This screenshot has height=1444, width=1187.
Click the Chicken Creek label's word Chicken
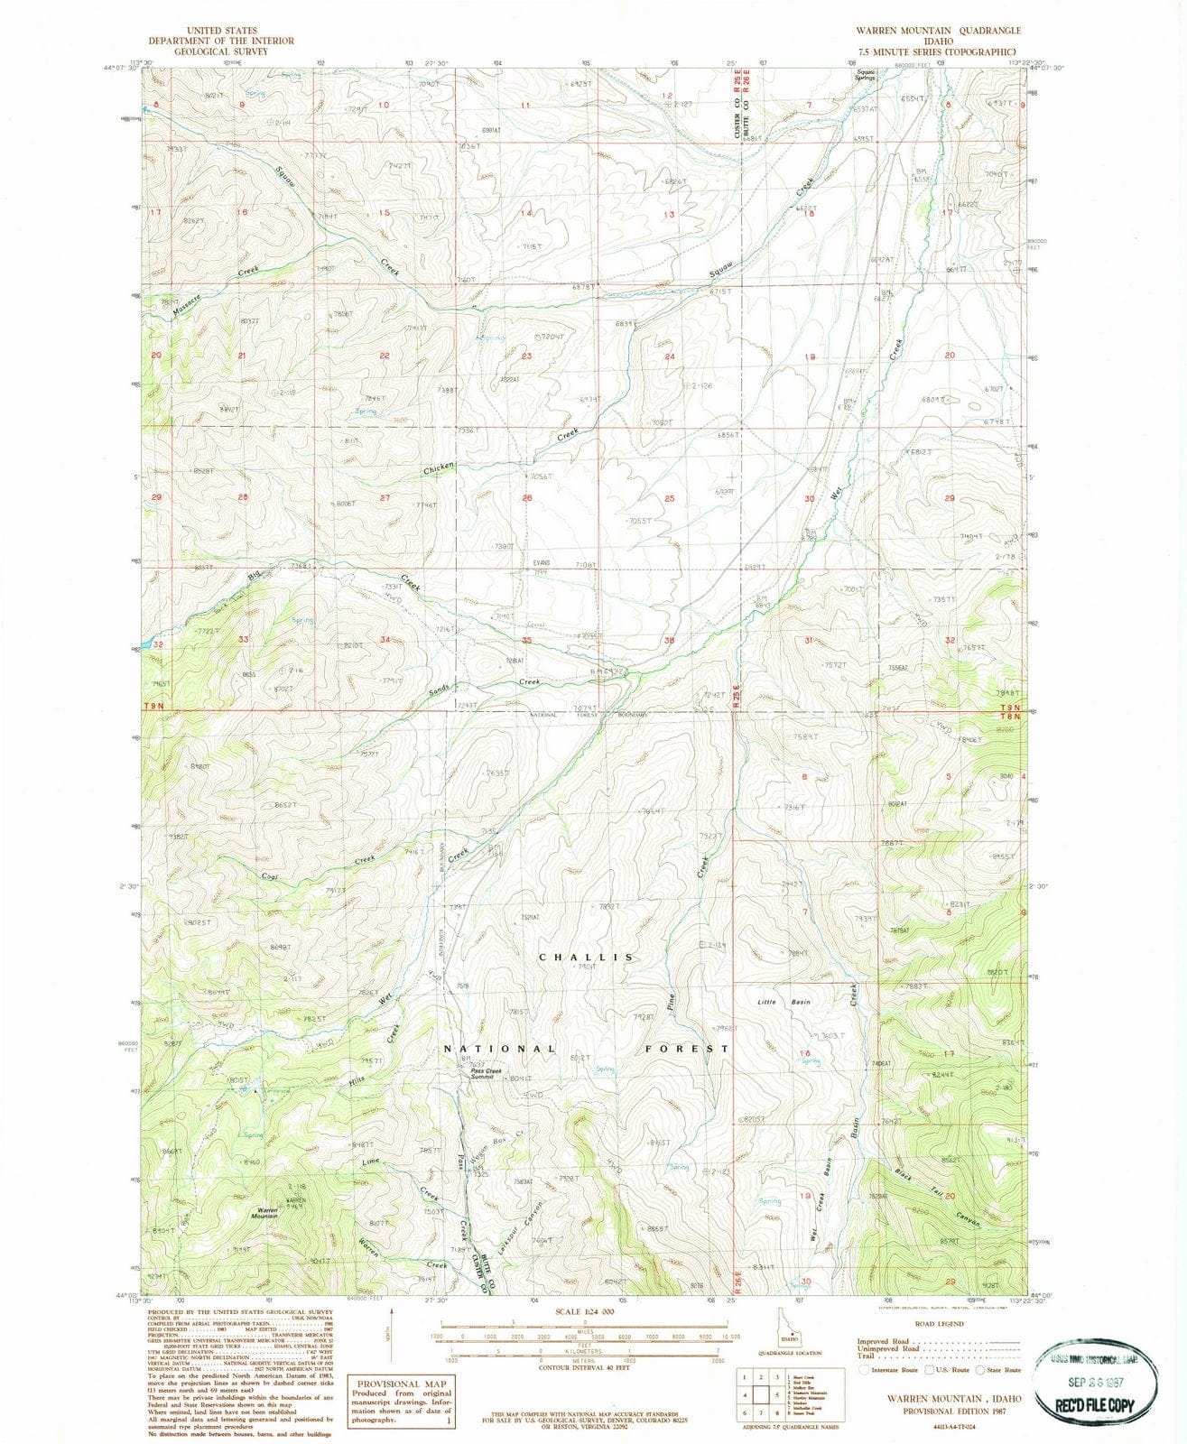click(x=439, y=469)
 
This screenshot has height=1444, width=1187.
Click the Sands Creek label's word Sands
click(x=439, y=688)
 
